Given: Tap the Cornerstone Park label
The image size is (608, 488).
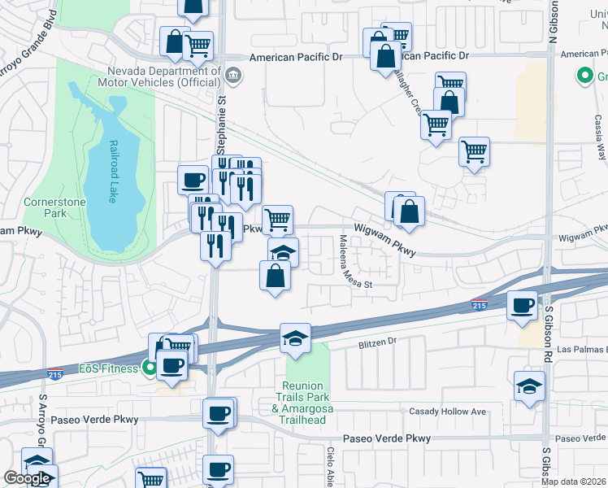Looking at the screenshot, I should [x=45, y=207].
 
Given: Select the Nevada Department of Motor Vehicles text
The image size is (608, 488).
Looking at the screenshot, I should [x=159, y=76].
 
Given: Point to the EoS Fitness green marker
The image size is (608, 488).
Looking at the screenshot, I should [x=150, y=368].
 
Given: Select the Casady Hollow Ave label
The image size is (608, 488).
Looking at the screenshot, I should [x=447, y=412].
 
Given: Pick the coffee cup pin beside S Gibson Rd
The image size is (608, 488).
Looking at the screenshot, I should [x=522, y=306].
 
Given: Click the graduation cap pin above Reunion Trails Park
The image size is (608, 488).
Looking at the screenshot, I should [x=295, y=338].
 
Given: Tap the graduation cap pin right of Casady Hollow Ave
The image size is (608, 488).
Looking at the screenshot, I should [x=529, y=386].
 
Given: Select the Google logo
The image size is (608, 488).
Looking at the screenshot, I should [x=27, y=478].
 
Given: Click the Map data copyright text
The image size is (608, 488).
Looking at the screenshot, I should [x=574, y=481].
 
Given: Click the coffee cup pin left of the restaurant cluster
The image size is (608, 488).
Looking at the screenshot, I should [x=193, y=180].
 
